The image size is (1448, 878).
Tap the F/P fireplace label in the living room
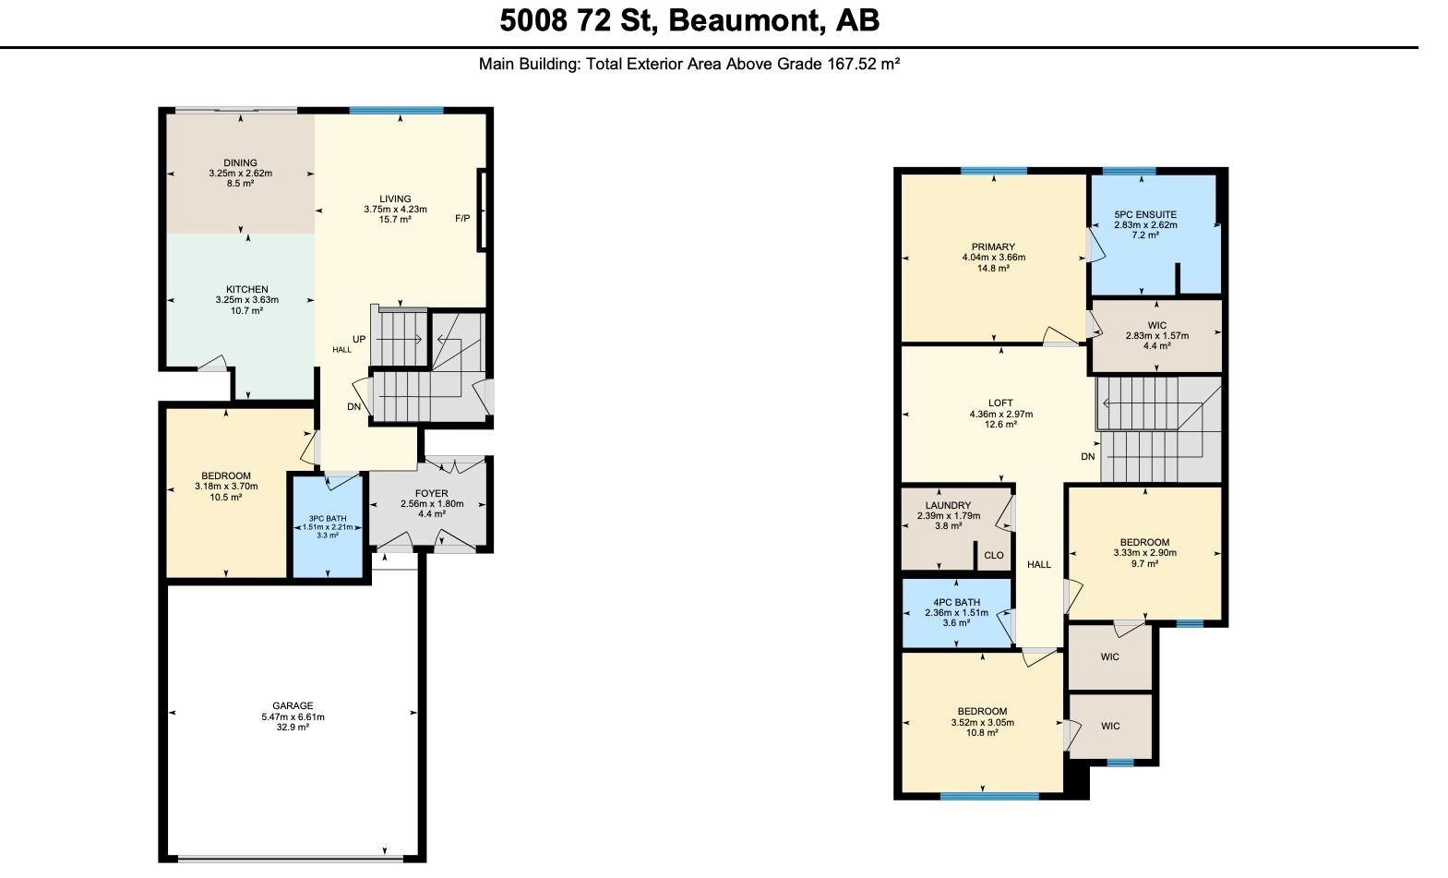(462, 219)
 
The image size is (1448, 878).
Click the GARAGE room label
(293, 706)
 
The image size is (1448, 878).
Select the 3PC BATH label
(328, 519)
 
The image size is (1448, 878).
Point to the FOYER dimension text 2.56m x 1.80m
(432, 504)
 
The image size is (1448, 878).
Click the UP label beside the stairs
(359, 340)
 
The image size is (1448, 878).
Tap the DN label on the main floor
(353, 406)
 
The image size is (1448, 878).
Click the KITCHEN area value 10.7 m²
(247, 311)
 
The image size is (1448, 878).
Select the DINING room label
(241, 162)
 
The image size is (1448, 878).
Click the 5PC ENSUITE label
(1145, 214)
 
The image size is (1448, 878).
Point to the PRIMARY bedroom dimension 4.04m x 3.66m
(994, 258)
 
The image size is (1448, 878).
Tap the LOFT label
(1000, 403)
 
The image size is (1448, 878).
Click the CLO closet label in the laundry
(994, 556)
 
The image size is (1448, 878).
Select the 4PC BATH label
(957, 602)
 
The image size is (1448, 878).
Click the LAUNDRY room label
(949, 506)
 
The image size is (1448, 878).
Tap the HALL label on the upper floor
(1039, 564)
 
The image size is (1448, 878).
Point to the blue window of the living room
(396, 111)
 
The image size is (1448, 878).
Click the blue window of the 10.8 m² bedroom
(989, 797)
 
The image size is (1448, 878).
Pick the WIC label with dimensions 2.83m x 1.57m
(1157, 325)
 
